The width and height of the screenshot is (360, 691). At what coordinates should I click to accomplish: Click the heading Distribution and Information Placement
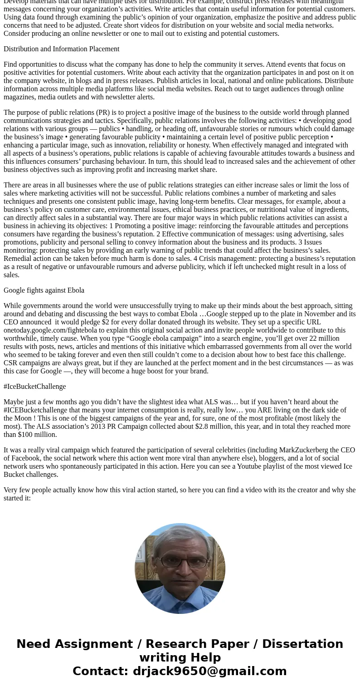click(61, 49)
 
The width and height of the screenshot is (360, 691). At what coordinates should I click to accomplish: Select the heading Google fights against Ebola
click(44, 290)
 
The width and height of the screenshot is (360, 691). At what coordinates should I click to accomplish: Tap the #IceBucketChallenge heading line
click(35, 387)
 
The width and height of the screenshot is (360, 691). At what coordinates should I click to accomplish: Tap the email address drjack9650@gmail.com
click(209, 671)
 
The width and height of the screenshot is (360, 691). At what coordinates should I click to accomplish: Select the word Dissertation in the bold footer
click(302, 644)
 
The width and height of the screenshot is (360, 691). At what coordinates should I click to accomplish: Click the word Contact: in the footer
click(100, 671)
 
